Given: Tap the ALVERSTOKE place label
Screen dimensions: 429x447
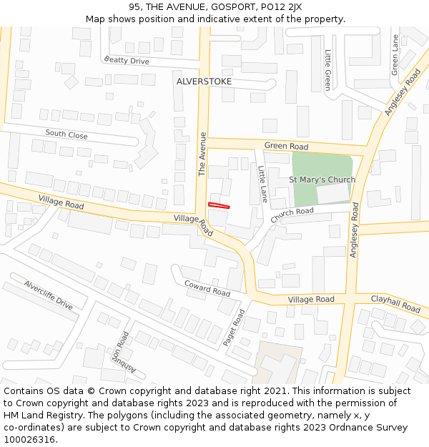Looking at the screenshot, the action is click(x=204, y=82).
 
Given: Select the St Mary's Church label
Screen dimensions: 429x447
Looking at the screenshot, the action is click(x=322, y=180).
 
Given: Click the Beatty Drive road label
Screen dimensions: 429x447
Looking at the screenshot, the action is click(x=127, y=61).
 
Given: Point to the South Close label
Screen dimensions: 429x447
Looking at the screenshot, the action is click(x=66, y=134).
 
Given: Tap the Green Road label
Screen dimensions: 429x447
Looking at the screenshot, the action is click(x=286, y=146).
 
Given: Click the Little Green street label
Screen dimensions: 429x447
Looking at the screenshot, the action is click(x=328, y=69).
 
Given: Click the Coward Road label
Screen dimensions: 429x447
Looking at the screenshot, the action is click(x=207, y=288).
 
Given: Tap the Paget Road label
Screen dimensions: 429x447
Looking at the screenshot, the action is click(x=234, y=328).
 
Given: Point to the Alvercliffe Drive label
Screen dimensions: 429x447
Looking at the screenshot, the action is click(x=49, y=295).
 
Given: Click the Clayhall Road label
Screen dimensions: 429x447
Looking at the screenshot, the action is click(x=396, y=303).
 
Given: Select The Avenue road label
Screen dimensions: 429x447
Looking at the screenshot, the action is click(x=202, y=154).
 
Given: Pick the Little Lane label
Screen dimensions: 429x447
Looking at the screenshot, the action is click(x=262, y=184).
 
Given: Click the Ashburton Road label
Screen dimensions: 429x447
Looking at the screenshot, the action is click(x=119, y=354).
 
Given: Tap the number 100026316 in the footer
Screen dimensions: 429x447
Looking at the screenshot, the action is click(x=31, y=440).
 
